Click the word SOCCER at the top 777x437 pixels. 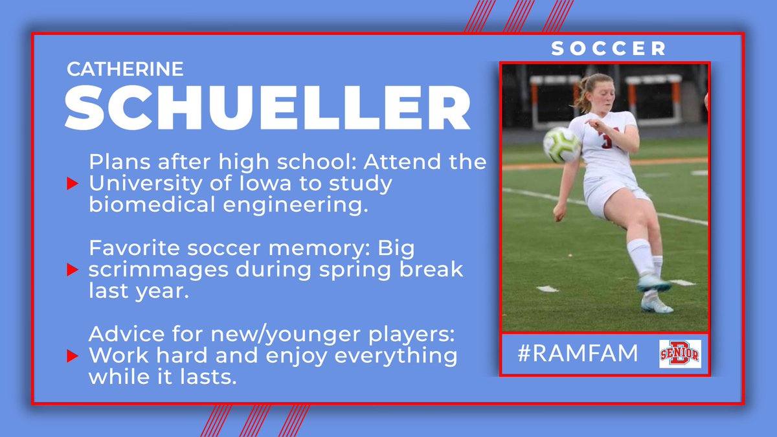pyautogui.click(x=609, y=48)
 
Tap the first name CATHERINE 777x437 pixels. pyautogui.click(x=125, y=69)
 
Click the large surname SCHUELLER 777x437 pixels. pyautogui.click(x=267, y=108)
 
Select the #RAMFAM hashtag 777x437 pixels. pyautogui.click(x=578, y=353)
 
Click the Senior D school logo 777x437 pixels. pyautogui.click(x=680, y=353)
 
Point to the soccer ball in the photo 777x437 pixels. pyautogui.click(x=561, y=144)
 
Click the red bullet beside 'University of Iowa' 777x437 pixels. pyautogui.click(x=72, y=183)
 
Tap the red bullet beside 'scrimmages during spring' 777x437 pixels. pyautogui.click(x=72, y=269)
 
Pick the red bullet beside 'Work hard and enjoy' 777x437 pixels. pyautogui.click(x=72, y=356)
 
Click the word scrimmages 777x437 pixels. pyautogui.click(x=158, y=271)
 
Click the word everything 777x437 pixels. pyautogui.click(x=396, y=357)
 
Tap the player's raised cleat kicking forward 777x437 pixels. pyautogui.click(x=654, y=284)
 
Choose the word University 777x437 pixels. pyautogui.click(x=146, y=184)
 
